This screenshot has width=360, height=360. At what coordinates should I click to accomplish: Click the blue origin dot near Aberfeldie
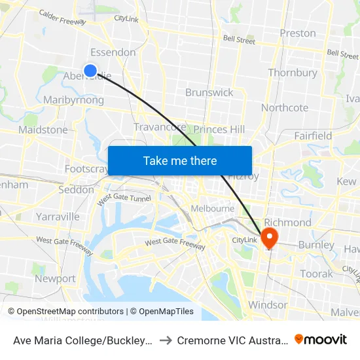click(90, 71)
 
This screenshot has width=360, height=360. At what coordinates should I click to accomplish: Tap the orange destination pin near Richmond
click(269, 237)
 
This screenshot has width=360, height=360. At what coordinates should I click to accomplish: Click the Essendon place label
click(113, 52)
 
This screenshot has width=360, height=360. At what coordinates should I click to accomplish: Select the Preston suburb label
click(297, 33)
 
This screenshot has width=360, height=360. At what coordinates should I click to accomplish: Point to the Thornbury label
click(293, 73)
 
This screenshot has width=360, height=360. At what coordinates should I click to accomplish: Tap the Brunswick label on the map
click(209, 92)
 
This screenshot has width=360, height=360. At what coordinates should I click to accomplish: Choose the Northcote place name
click(285, 107)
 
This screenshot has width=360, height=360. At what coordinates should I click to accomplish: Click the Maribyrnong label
click(73, 100)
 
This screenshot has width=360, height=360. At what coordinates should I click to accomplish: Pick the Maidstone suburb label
click(43, 130)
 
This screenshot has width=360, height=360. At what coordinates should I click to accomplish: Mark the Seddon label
click(76, 190)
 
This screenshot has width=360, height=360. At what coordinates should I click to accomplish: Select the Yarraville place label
click(58, 216)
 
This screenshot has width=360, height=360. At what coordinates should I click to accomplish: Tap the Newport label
click(55, 278)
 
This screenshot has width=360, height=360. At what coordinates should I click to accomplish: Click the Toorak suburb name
click(316, 274)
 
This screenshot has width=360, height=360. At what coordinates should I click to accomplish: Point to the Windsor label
click(268, 305)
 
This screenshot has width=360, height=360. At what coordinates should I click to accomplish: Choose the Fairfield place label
click(313, 136)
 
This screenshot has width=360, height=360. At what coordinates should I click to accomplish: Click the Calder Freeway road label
click(62, 17)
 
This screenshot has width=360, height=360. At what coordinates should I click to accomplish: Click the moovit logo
click(321, 339)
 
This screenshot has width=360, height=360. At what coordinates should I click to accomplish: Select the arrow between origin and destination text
click(166, 340)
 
